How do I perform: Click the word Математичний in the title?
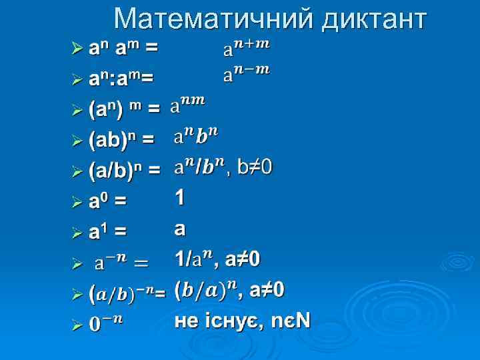(x=213, y=19)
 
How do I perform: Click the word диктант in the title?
(x=373, y=19)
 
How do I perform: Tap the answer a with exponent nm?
(x=189, y=103)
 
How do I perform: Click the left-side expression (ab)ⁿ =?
(x=121, y=139)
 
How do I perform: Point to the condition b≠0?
(x=254, y=166)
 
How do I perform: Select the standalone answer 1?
(x=180, y=197)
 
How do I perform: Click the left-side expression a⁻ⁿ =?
(x=121, y=262)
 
